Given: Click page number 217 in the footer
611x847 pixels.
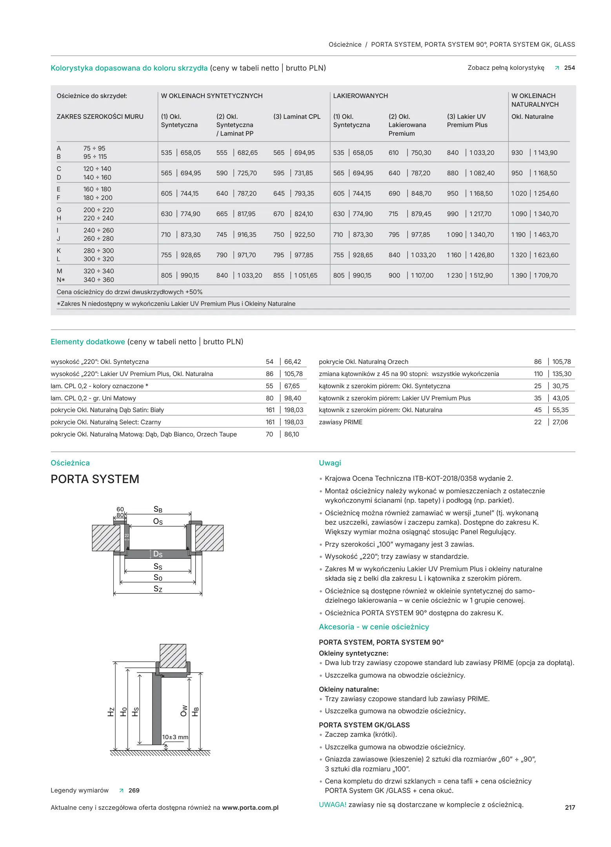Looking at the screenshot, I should coord(569,807).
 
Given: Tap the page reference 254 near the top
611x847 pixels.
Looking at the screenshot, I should coord(569,68).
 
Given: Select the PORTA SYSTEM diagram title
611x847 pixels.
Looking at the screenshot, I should coord(95,479).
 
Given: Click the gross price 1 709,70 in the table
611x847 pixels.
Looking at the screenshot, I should coord(546,275).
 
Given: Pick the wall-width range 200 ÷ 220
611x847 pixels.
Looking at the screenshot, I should coord(98,210).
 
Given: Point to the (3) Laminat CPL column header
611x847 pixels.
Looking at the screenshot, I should coord(297,116).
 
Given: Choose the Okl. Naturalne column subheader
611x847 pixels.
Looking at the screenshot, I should coord(532,116).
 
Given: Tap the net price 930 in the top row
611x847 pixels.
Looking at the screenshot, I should coord(517,153).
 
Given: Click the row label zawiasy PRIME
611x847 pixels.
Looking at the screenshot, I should coord(340,422).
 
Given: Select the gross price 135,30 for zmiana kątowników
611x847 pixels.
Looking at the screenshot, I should coord(562,374).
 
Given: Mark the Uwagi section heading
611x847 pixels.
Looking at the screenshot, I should coord(330,463).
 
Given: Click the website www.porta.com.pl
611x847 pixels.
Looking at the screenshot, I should coord(250,807).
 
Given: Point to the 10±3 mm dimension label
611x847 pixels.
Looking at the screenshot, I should coord(175,737).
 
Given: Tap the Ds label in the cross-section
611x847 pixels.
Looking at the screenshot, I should coord(158,554).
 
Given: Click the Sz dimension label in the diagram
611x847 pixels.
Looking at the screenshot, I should coord(158,589).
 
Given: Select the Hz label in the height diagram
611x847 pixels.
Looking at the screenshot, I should coord(111,712).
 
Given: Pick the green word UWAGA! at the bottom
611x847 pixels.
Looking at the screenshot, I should coord(332,805).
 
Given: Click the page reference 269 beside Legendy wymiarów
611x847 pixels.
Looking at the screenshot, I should coord(134,791).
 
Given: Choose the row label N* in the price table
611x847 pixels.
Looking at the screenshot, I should coord(61,280).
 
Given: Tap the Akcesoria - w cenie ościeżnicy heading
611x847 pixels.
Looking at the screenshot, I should coord(374,627).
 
